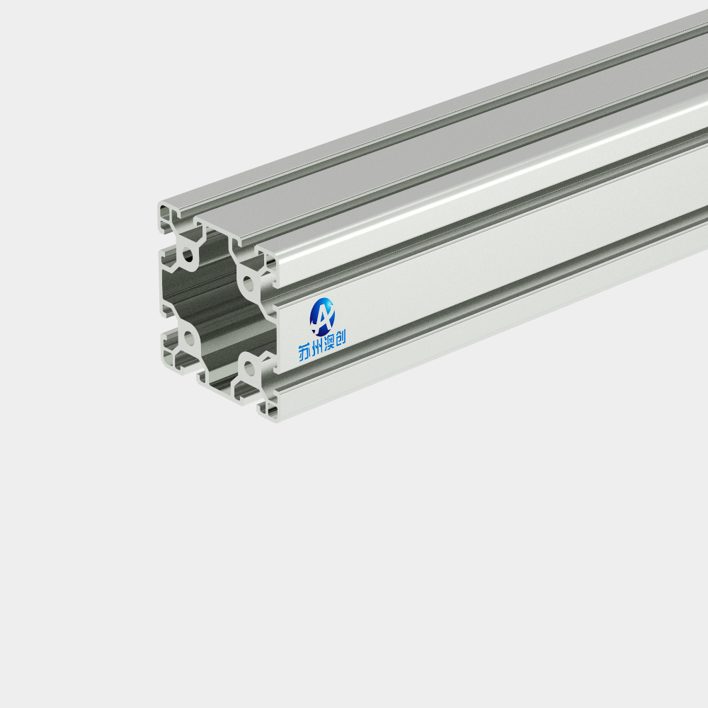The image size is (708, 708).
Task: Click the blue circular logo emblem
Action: pyautogui.click(x=322, y=316)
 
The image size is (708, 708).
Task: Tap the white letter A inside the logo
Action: pyautogui.click(x=322, y=316)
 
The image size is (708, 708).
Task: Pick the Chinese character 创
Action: pyautogui.click(x=341, y=337)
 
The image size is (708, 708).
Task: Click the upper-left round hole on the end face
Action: pyautogui.click(x=188, y=256)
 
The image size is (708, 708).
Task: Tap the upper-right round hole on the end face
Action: pyautogui.click(x=249, y=284)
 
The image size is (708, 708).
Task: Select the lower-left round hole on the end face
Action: pyautogui.click(x=189, y=338)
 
